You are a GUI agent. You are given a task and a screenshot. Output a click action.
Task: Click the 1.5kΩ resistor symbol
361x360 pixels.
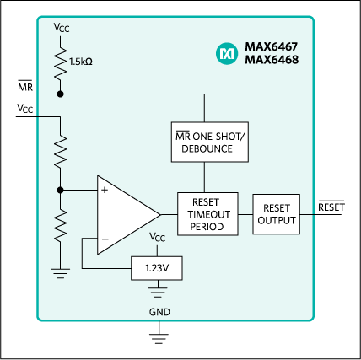(60, 62)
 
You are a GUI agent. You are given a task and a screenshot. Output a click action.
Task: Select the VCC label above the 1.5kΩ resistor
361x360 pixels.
(61, 27)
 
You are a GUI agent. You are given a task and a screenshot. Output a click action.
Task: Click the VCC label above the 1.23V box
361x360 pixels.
(157, 238)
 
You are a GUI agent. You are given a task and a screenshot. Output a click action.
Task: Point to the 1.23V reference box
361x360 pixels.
(157, 268)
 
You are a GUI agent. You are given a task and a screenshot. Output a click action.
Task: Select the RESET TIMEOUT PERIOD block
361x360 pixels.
(205, 214)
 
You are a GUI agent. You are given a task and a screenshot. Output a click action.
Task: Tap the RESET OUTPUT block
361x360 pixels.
(276, 214)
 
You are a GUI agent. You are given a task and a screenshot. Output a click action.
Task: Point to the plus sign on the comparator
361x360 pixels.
(105, 191)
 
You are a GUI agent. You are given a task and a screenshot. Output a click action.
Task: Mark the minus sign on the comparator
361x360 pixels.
(105, 239)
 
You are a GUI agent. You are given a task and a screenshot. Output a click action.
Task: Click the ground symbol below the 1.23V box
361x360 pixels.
(157, 291)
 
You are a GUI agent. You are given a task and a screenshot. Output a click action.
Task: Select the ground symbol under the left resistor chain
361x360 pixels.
(60, 271)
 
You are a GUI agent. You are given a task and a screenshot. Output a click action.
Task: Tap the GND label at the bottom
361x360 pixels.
(159, 311)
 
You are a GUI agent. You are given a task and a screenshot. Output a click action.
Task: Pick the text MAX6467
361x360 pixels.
(272, 46)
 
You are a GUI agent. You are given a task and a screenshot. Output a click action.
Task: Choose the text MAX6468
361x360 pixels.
(272, 60)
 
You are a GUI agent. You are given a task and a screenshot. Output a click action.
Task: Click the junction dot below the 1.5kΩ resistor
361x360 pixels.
(60, 94)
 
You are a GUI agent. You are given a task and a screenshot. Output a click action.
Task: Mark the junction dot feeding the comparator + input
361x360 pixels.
(60, 190)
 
